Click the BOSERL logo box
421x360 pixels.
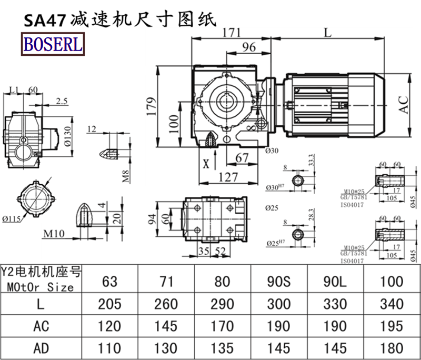point(52,44)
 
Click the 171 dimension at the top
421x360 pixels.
point(228,32)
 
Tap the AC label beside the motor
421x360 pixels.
point(404,104)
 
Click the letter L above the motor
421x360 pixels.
point(327,32)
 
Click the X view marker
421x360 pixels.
point(206,163)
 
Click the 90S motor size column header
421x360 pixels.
point(279,281)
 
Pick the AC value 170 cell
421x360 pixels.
point(223,326)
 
